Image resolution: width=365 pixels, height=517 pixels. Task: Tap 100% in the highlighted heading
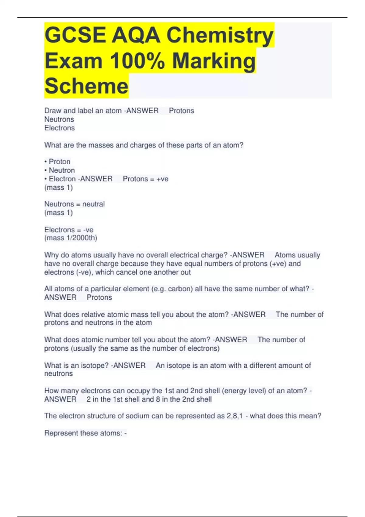(x=137, y=61)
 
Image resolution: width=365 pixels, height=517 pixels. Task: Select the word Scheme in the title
(x=86, y=86)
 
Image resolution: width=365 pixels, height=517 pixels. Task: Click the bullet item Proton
(x=59, y=161)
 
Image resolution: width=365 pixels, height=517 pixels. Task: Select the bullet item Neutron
(x=61, y=170)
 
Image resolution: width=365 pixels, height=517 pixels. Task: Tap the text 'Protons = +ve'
(x=145, y=179)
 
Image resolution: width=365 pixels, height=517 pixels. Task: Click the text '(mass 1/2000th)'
(x=71, y=238)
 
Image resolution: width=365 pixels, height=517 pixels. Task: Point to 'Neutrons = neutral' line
(x=75, y=204)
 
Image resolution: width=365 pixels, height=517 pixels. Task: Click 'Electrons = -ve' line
(x=69, y=230)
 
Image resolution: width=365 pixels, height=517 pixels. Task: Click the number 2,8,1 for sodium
(x=235, y=416)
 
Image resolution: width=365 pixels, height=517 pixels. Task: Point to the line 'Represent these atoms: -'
(x=85, y=433)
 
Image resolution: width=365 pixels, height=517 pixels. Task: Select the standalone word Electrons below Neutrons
(x=59, y=128)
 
